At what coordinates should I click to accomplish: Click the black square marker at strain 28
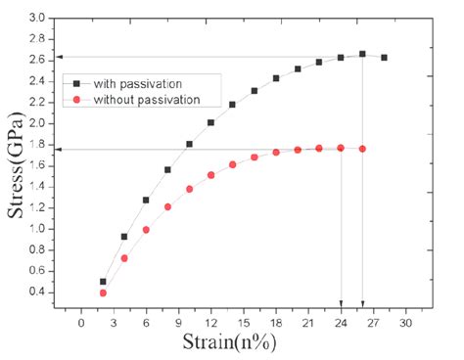[384, 58]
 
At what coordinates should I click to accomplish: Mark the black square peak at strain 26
[362, 54]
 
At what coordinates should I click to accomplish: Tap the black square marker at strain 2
[103, 282]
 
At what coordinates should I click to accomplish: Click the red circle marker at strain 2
[103, 292]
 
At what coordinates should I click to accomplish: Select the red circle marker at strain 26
[362, 149]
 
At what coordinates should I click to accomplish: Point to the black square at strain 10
[189, 144]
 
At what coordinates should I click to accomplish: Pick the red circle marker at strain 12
[210, 175]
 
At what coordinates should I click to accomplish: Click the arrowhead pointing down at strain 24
[341, 302]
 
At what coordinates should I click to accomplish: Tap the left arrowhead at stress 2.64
[58, 57]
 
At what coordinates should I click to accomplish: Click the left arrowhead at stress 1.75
[58, 150]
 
